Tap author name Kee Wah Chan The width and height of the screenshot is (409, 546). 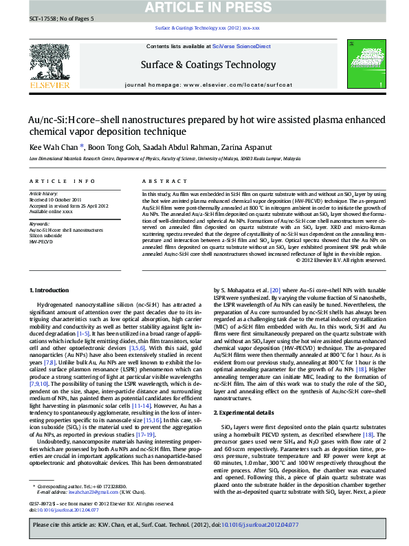[x=53, y=146]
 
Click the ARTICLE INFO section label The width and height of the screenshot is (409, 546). [x=62, y=181]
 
